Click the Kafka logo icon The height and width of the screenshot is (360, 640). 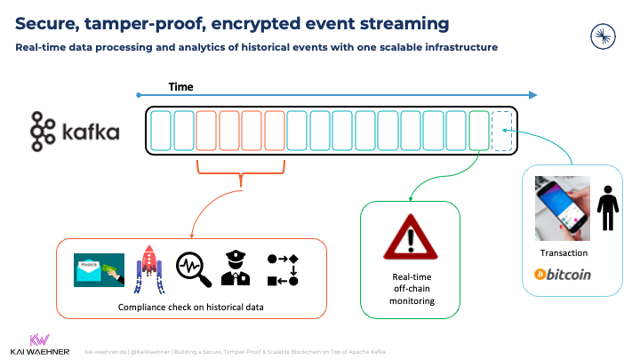(x=43, y=132)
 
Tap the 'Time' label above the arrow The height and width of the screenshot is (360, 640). (x=180, y=87)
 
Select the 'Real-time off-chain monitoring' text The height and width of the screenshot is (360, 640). (x=410, y=289)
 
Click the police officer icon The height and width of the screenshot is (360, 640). (x=236, y=269)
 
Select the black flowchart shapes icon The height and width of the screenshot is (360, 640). (x=282, y=269)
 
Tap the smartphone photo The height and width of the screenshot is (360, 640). (x=562, y=208)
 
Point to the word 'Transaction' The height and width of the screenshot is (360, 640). (x=564, y=253)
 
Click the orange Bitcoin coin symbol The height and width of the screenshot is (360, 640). (x=540, y=275)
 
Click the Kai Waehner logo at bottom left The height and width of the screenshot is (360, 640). (x=39, y=344)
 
